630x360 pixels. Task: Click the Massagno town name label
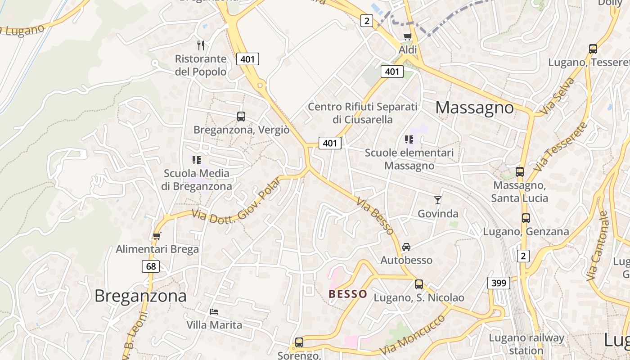(x=474, y=108)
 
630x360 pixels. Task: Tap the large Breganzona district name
(x=140, y=296)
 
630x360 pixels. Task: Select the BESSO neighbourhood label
(x=348, y=294)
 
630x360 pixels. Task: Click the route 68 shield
(x=151, y=266)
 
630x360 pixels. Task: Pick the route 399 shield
(x=499, y=283)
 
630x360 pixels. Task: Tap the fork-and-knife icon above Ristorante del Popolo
(x=201, y=45)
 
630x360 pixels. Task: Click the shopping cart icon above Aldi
(x=408, y=36)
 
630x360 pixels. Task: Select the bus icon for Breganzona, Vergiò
(x=241, y=116)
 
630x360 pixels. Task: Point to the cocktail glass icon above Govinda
(x=437, y=200)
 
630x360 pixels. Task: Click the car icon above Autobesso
(x=406, y=247)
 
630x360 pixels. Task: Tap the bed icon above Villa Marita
(x=214, y=311)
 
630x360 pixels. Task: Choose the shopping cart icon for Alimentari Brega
(x=157, y=235)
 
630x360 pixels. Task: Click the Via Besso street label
(x=375, y=216)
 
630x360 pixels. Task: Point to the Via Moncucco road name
(x=412, y=335)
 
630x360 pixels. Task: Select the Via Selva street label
(x=558, y=95)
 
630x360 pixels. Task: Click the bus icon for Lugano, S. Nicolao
(x=419, y=284)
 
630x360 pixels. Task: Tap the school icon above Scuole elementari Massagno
(x=409, y=139)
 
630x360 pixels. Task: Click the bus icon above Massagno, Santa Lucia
(x=520, y=171)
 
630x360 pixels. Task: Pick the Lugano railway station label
(x=526, y=344)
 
